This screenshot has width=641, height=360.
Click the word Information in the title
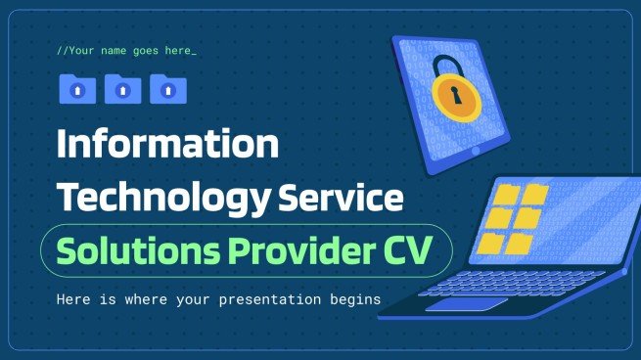pyautogui.click(x=167, y=146)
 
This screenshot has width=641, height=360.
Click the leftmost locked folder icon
pyautogui.click(x=77, y=90)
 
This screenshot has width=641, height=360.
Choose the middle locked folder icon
pyautogui.click(x=122, y=90)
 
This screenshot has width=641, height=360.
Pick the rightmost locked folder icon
pyautogui.click(x=167, y=90)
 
